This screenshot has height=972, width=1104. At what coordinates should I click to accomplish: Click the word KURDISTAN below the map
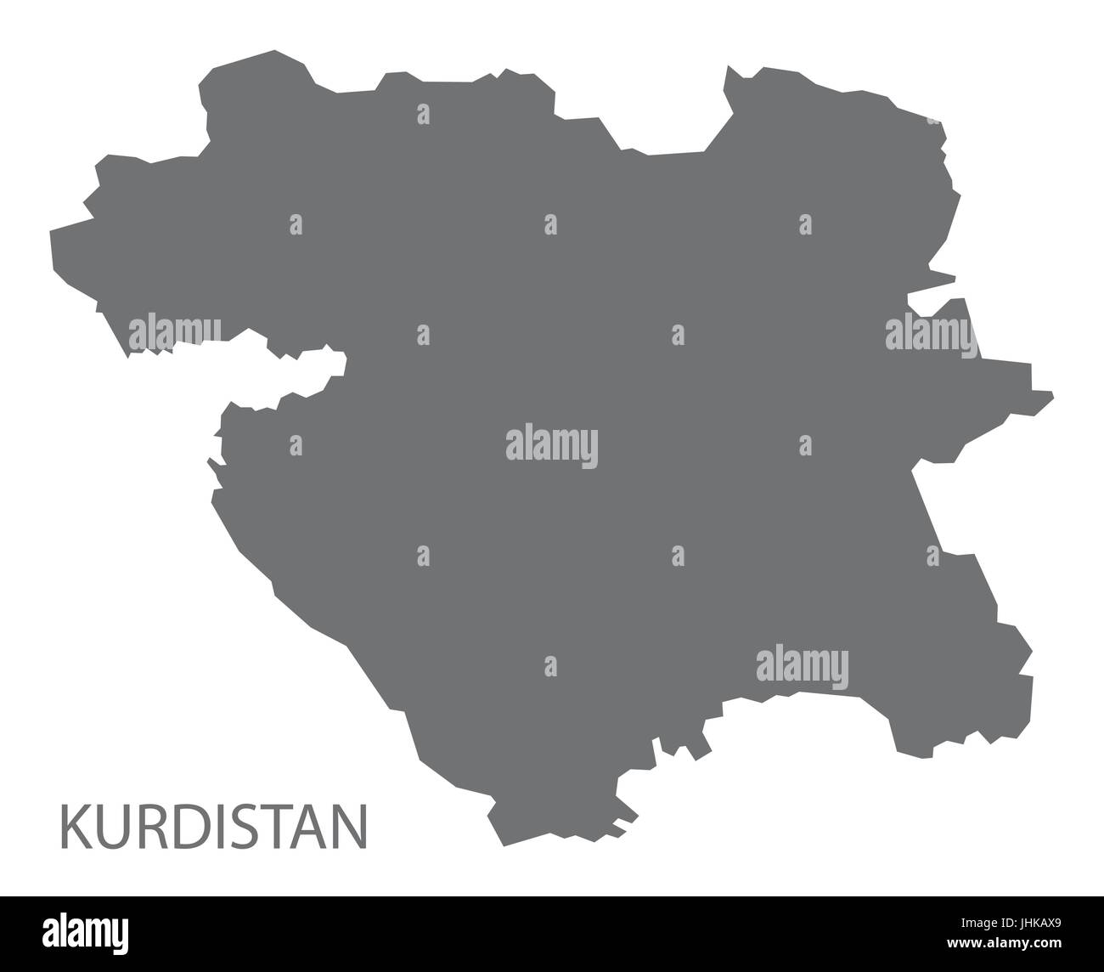click(212, 826)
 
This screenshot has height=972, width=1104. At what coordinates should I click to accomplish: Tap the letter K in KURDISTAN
click(73, 827)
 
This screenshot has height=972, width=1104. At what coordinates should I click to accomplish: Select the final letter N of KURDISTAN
click(351, 827)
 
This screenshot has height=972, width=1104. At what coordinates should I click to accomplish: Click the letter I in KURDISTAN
click(212, 827)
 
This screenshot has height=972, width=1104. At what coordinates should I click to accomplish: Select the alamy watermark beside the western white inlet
click(175, 332)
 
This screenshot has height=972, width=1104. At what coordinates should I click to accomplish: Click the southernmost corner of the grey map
click(504, 845)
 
